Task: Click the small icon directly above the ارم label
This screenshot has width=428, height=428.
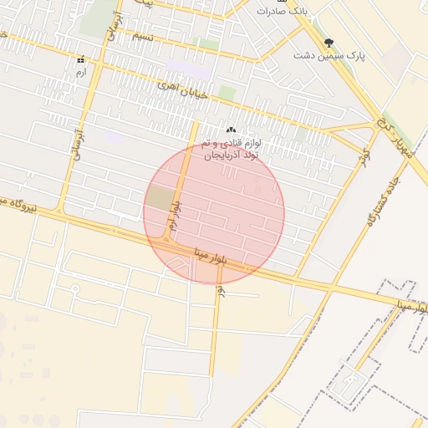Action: [x=80, y=60]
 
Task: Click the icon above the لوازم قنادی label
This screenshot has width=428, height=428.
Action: [x=232, y=130]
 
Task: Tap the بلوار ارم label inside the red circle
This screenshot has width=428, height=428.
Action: [x=173, y=215]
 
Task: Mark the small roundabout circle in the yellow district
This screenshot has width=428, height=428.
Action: [x=74, y=288]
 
